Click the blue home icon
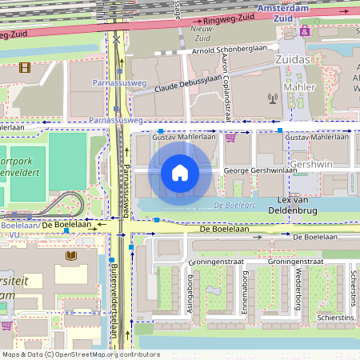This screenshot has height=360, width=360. click(179, 172)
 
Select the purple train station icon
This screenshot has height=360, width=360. click(305, 30)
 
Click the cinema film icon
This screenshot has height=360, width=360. click(25, 68)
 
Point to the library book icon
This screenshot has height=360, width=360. click(71, 256)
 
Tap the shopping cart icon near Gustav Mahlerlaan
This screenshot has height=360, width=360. click(231, 138)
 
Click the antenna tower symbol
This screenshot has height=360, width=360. click(273, 100)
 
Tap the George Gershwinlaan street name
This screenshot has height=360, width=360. click(257, 170)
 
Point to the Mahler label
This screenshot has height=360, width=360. click(299, 86)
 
